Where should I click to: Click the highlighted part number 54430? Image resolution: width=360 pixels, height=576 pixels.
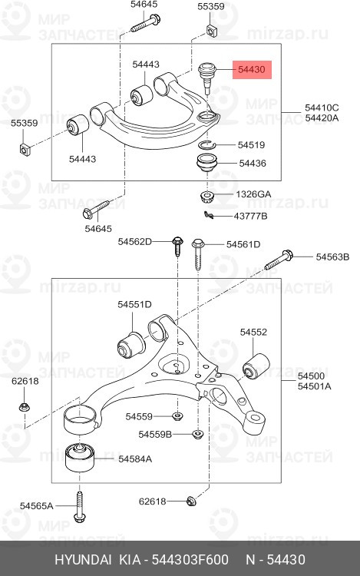pos(251,69)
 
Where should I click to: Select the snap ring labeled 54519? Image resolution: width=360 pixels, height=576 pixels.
pos(207,144)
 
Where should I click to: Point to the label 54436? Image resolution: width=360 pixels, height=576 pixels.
pos(253,163)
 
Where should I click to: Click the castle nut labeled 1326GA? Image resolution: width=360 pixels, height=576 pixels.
pos(208,195)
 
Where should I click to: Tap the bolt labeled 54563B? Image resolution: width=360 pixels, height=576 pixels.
pos(278,260)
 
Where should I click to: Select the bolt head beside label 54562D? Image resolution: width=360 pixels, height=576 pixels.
pos(177,243)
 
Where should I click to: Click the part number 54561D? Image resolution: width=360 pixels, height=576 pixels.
pos(243,244)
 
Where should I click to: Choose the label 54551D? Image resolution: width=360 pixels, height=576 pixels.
pos(134,304)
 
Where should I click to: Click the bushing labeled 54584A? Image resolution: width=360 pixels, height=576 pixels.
pos(79,458)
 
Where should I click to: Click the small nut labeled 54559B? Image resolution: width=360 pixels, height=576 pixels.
pos(197,434)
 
